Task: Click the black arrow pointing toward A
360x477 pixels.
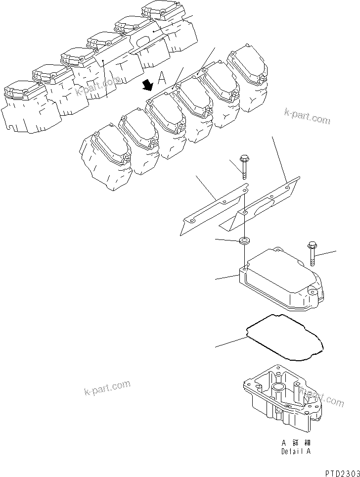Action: pos(147,87)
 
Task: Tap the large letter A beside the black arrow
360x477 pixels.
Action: pos(162,77)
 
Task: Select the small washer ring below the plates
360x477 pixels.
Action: pos(244,241)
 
